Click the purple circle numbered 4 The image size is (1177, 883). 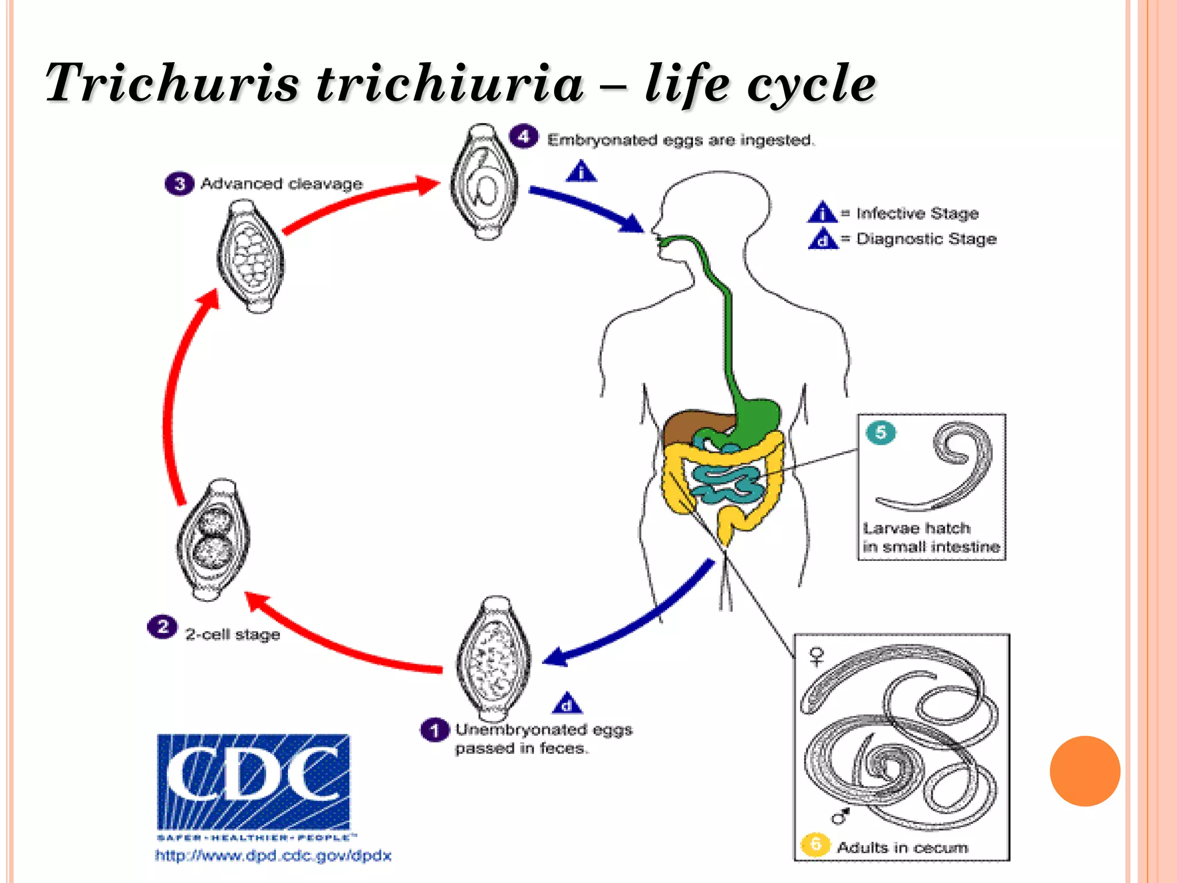tap(524, 137)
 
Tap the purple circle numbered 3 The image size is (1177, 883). tap(179, 183)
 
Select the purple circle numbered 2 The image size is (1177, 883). tap(162, 627)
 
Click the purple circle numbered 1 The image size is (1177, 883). tap(434, 730)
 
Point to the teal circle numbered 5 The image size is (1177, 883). tap(880, 432)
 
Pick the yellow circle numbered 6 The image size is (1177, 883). tap(815, 844)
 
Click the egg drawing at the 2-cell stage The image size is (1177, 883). tap(213, 540)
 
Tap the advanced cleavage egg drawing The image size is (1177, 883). tap(251, 256)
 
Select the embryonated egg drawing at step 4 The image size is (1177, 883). tap(484, 182)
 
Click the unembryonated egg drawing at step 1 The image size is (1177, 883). tap(493, 659)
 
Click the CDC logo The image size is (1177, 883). tap(253, 782)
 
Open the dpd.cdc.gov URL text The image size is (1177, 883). tap(273, 855)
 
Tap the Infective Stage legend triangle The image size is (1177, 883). tap(822, 213)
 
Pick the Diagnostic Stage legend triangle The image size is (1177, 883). tap(822, 239)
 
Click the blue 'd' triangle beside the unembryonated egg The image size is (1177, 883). tap(567, 703)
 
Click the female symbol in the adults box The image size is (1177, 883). tap(817, 656)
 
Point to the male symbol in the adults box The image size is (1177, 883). tap(841, 815)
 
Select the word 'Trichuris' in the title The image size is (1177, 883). tap(172, 83)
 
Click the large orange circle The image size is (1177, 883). tap(1084, 771)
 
